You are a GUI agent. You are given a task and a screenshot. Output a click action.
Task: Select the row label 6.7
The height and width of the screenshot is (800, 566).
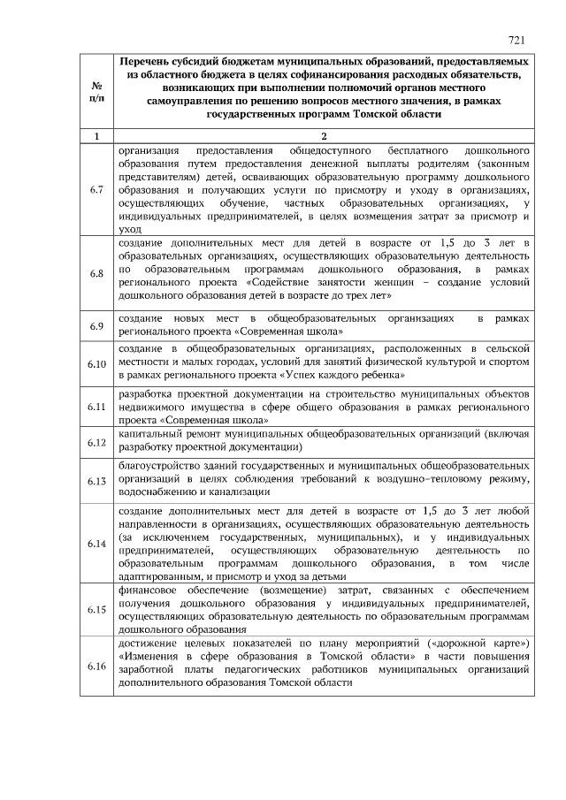tap(96, 190)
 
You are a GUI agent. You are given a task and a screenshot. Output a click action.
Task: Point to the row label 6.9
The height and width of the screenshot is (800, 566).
tap(96, 326)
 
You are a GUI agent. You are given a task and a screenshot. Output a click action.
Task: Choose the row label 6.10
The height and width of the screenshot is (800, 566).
tap(96, 363)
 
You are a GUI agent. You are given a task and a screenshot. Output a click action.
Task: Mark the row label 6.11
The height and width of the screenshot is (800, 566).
tap(96, 407)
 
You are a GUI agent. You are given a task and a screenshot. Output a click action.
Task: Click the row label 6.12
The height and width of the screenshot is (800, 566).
tap(96, 441)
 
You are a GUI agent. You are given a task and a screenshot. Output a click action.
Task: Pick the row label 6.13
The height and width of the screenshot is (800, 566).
tap(96, 480)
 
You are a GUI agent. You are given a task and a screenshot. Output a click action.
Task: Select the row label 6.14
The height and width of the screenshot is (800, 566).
tap(96, 543)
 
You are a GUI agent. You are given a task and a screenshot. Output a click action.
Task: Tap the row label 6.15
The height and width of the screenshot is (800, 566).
tap(96, 609)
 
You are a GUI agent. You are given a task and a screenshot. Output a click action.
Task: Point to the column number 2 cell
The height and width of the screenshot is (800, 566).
tap(324, 136)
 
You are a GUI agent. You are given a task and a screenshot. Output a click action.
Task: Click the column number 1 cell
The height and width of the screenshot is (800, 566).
tap(96, 136)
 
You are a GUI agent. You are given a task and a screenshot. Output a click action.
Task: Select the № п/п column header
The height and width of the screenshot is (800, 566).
tap(96, 89)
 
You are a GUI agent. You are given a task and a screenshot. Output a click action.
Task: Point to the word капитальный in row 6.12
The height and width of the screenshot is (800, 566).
tap(147, 435)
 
